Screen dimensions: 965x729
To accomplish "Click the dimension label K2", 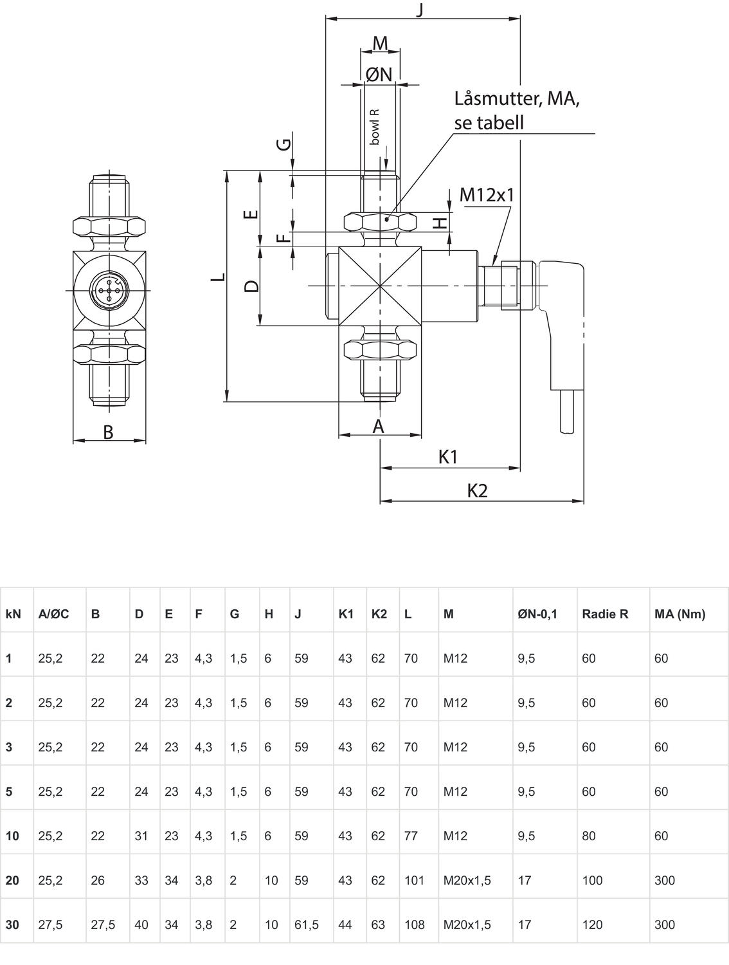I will [477, 491].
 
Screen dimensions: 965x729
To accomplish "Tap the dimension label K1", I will [448, 457].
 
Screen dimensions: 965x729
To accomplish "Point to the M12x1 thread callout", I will [487, 194].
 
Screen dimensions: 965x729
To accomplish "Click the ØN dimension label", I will [379, 75].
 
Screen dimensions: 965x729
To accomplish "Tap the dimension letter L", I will [218, 277].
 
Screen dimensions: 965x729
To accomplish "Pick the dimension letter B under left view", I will [108, 432].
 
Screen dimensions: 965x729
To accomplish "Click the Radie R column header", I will [604, 614].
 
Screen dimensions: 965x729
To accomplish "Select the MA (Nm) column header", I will [679, 614].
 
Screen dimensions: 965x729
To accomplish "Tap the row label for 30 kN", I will [12, 924].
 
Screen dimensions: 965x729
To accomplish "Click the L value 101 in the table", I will [414, 880].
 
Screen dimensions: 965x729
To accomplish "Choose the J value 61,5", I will [306, 924].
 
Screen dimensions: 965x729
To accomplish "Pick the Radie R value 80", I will [588, 836].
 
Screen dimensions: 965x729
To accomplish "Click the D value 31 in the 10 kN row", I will [141, 836].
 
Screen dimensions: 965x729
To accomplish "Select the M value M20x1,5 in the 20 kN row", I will [467, 880].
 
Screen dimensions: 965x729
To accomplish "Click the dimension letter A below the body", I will [379, 425].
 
